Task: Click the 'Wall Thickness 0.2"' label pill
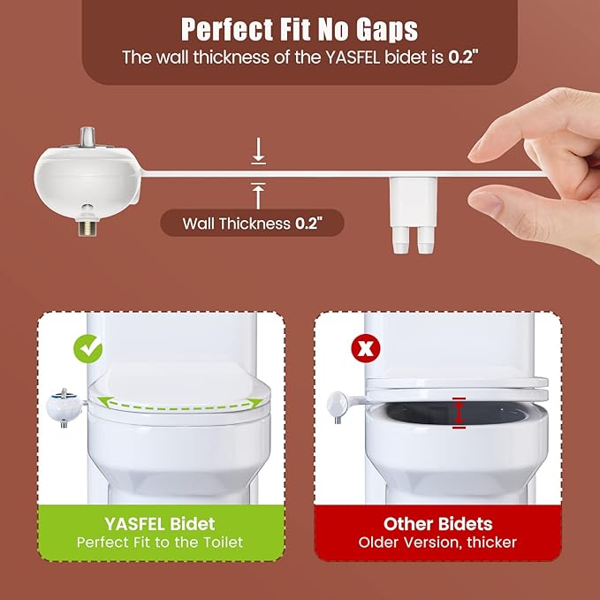coord(251,223)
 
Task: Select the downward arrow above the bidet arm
coord(258,153)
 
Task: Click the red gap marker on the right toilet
coord(458,413)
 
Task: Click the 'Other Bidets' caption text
coord(437,523)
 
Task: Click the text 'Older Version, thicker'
coord(437,542)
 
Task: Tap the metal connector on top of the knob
coord(89,138)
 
